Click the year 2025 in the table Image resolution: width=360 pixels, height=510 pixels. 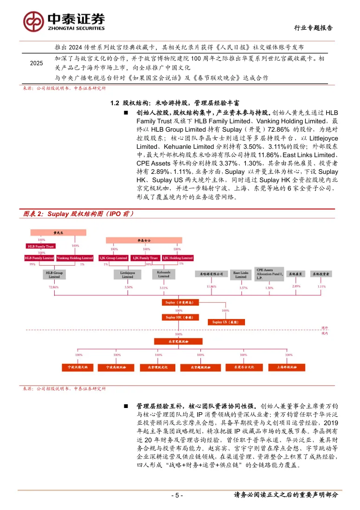[x=36, y=64]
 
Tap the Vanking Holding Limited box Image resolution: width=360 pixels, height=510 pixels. [x=75, y=258]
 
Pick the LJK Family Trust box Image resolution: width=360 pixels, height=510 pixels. [x=145, y=258]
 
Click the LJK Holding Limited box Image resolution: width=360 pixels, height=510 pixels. [x=177, y=258]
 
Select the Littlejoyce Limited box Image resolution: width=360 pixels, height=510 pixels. [x=128, y=275]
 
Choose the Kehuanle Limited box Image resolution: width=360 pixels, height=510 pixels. [x=163, y=275]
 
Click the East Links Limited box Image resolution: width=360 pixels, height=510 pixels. [x=240, y=275]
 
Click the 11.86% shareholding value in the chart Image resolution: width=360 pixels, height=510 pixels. [x=211, y=287]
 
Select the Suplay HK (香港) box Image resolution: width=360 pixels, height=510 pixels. [x=176, y=317]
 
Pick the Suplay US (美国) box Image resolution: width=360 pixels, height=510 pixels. [x=225, y=322]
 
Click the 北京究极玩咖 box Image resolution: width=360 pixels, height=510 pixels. [x=176, y=341]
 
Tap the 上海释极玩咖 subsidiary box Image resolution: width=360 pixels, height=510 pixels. [x=283, y=367]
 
